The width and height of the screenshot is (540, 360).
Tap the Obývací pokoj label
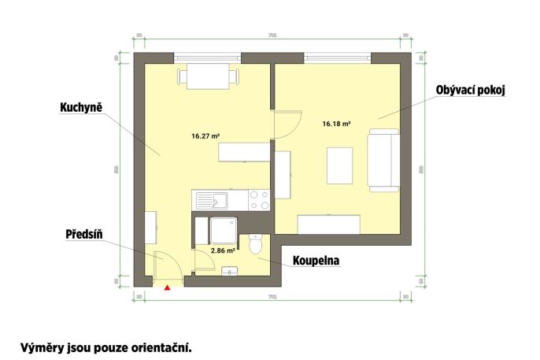469,91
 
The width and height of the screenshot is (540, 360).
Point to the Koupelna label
316,259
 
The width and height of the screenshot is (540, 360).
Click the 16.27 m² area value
205,135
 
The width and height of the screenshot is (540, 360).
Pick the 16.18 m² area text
336,124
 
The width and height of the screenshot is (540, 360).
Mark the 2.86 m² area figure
223,251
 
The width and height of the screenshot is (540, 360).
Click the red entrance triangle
167,288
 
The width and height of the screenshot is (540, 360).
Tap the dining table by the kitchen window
208,76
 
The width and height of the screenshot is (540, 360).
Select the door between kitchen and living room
287,124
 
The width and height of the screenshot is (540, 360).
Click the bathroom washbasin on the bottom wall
229,272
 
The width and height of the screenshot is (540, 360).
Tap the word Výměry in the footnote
44,347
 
